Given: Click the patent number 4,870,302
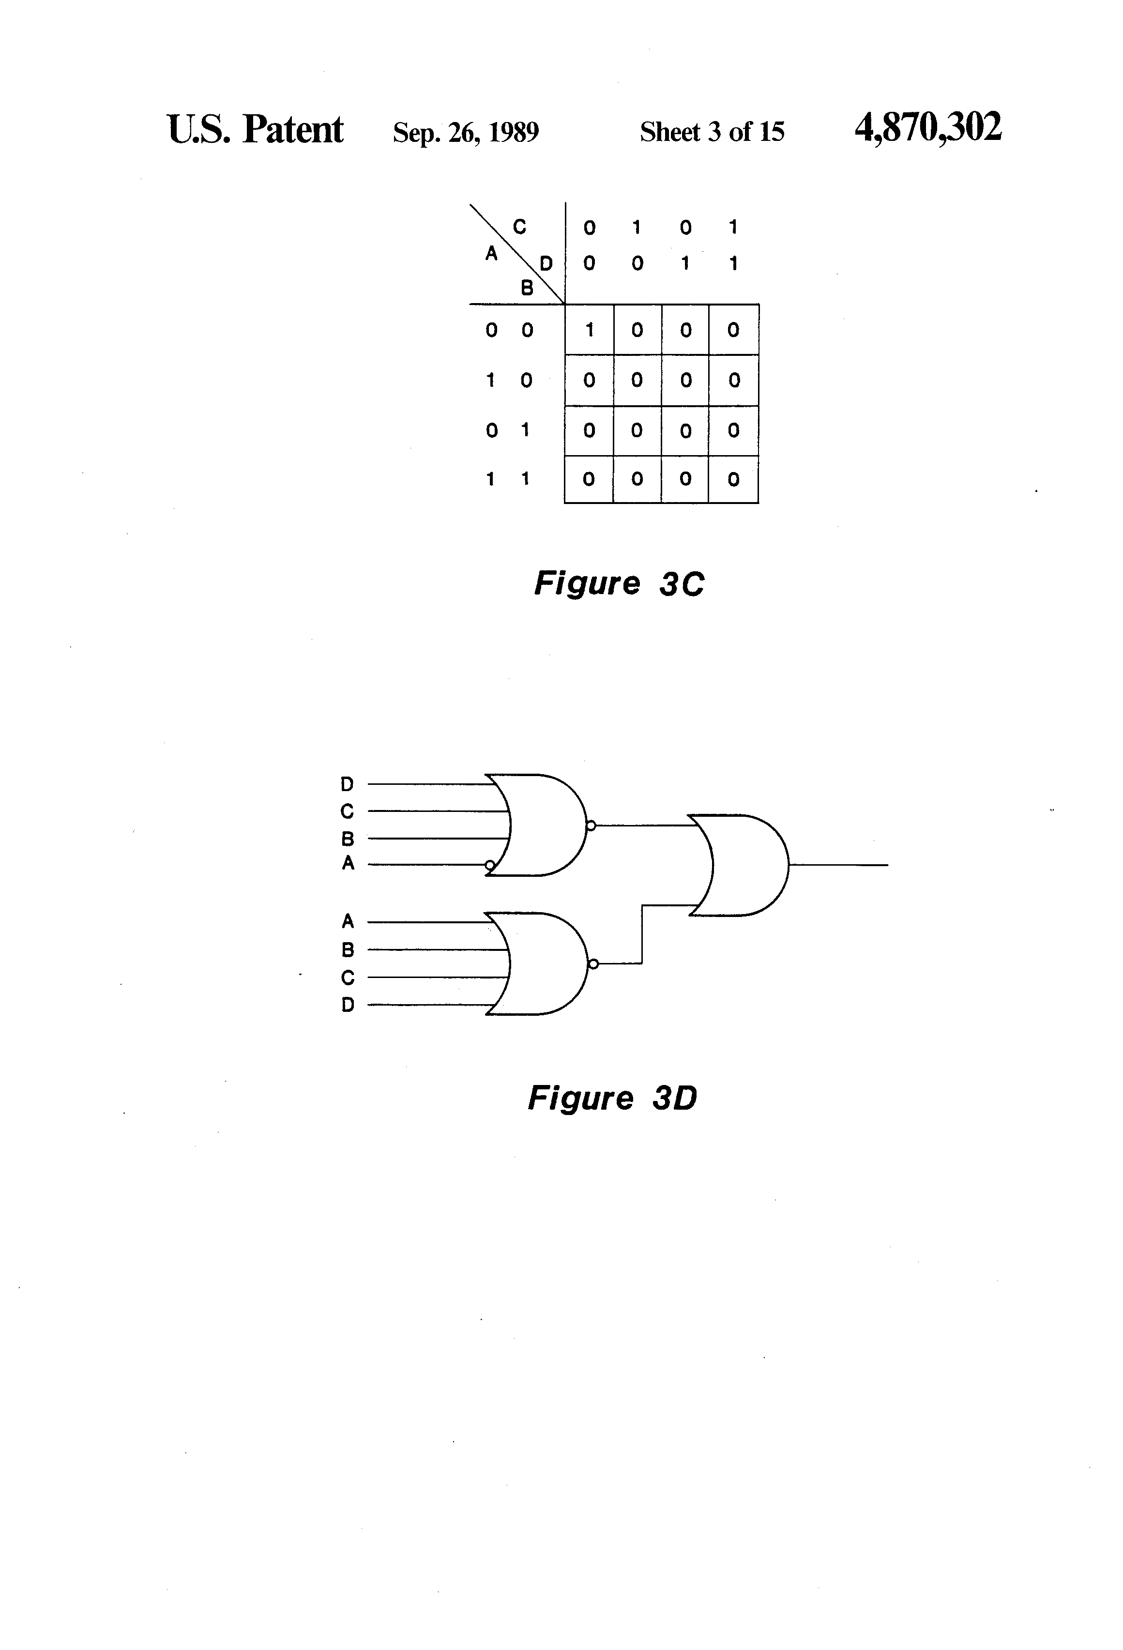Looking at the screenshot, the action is pos(928,128).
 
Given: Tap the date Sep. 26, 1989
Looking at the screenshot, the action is pos(466,132).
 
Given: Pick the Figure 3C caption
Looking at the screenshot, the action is pos(619,583).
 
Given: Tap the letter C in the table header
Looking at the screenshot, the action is pos(519,227).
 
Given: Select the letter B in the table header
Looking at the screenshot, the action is pos(527,288).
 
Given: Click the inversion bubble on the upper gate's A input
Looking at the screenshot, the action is pos(489,865).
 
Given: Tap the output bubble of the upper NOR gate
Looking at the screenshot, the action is pos(591,825).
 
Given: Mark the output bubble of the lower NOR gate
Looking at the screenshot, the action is pos(593,963).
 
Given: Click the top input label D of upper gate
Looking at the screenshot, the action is pos(347,784).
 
